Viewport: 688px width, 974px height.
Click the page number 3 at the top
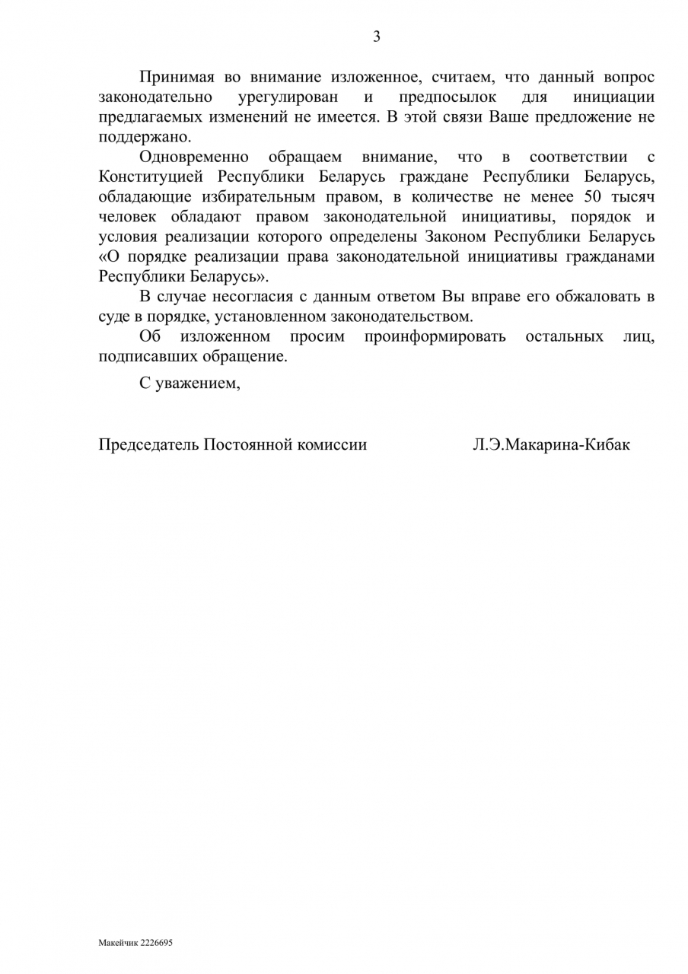[x=376, y=37]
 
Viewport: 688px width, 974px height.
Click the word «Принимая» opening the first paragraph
[x=173, y=78]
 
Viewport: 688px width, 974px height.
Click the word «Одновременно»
[x=194, y=158]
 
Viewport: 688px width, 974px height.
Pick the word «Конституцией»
[x=150, y=177]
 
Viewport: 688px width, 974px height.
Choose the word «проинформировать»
[x=435, y=336]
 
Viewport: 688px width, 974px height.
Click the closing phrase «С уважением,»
[x=190, y=384]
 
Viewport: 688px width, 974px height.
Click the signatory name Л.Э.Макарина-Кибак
[x=551, y=444]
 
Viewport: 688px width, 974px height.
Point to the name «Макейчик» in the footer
[x=115, y=943]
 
